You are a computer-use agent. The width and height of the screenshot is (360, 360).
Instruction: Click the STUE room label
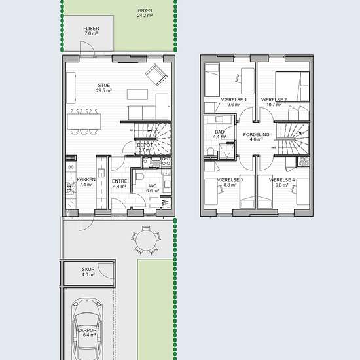(104, 88)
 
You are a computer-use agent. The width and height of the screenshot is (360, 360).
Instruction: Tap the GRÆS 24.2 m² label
(145, 13)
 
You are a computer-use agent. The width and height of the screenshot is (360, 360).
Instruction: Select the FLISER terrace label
(91, 31)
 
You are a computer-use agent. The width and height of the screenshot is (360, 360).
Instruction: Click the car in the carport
(87, 329)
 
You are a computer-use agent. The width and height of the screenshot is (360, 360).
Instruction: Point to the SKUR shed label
(88, 272)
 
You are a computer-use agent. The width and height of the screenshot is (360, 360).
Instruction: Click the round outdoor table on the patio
(146, 241)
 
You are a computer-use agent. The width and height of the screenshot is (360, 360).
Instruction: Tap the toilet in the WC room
(140, 177)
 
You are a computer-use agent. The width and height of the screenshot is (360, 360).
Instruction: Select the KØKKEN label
(86, 182)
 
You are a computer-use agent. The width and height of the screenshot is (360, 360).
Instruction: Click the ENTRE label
(119, 184)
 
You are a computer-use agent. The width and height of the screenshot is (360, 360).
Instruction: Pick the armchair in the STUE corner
(156, 75)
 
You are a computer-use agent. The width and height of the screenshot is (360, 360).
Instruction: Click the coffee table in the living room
(137, 95)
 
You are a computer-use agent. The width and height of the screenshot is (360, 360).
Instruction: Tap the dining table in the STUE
(84, 122)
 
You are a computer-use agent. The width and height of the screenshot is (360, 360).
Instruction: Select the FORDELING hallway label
(256, 137)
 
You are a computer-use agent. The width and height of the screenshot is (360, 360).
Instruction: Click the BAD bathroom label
(219, 134)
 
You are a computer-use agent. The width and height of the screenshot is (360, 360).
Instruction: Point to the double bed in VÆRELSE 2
(293, 86)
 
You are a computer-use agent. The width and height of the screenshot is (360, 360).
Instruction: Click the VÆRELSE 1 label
(234, 102)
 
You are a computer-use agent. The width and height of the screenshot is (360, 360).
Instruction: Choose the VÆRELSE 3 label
(230, 183)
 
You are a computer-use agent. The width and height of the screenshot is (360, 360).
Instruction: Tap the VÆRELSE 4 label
(281, 183)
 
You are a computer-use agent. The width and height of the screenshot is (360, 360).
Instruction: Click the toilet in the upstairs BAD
(211, 152)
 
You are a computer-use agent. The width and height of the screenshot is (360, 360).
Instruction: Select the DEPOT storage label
(145, 147)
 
